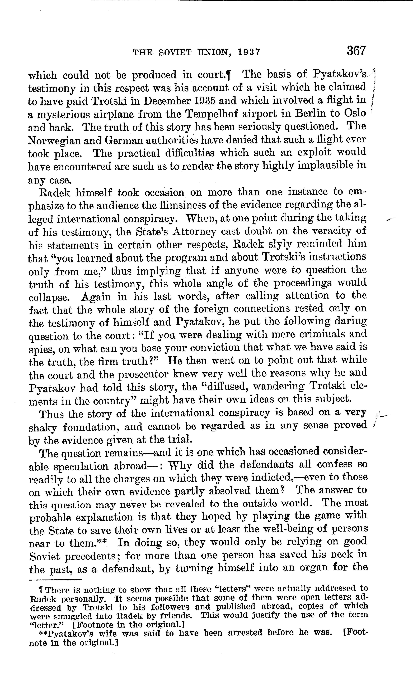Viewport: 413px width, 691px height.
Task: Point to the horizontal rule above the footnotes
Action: [x=56, y=580]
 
